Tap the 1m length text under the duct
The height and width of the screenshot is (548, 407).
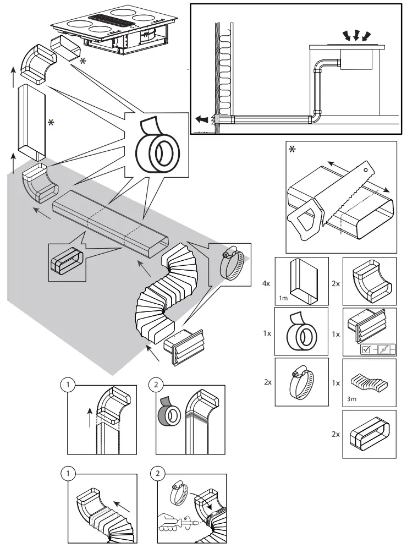coord(284,298)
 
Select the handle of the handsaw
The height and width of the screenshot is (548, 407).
coord(305,220)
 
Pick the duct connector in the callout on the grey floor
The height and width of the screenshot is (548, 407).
coord(65,262)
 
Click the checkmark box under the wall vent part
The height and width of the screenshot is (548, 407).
coord(365,348)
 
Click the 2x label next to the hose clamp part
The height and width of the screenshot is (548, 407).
coord(268,382)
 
